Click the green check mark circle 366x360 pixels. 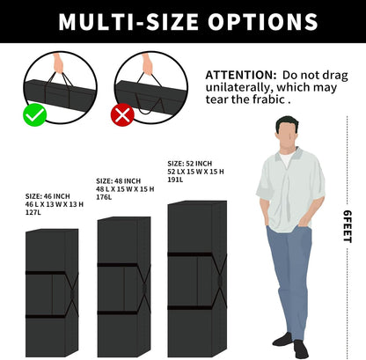tap(35, 115)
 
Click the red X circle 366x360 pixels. tap(122, 115)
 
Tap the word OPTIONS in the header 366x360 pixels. tap(263, 22)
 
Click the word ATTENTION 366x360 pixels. tap(241, 75)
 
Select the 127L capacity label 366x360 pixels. tap(33, 212)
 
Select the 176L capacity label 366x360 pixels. tap(104, 197)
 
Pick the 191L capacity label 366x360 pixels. tap(175, 180)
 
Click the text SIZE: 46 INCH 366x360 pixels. tap(48, 196)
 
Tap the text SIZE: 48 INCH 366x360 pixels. tap(118, 181)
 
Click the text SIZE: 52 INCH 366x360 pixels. tap(189, 164)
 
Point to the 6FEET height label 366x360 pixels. tap(348, 226)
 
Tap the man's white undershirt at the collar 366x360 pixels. tap(286, 158)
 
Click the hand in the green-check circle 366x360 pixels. tap(59, 63)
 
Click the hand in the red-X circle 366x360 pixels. tap(147, 64)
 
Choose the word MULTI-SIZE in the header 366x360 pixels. tap(128, 22)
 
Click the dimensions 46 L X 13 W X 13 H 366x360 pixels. tap(55, 204)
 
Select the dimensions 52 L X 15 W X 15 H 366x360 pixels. tap(195, 172)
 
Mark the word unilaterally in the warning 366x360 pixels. tap(239, 87)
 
